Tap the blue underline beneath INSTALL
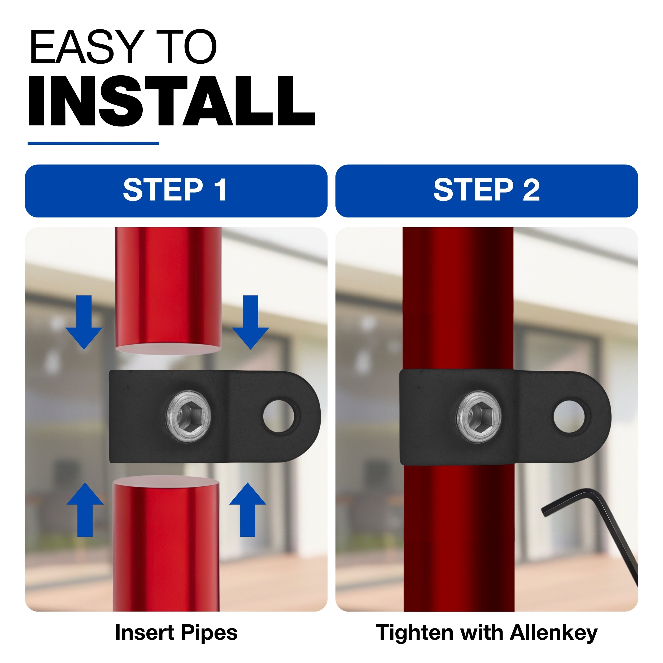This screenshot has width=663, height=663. coord(93,143)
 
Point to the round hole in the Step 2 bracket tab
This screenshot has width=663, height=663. coord(570,416)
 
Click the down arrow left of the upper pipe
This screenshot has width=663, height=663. coord(84,322)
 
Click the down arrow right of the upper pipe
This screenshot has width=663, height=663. coord(251,322)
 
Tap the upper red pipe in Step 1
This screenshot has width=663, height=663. coord(168,290)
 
